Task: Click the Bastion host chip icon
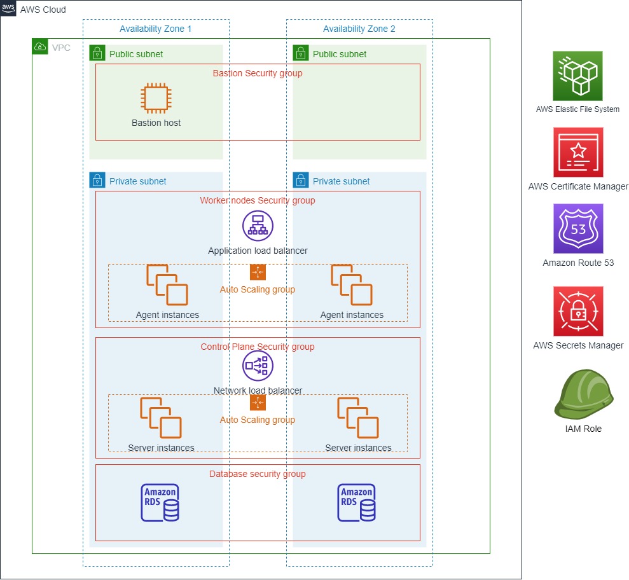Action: click(x=156, y=99)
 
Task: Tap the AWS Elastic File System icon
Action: click(x=577, y=76)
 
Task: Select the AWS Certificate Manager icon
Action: click(x=577, y=153)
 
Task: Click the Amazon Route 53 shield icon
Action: click(x=577, y=229)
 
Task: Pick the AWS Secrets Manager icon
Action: click(x=577, y=312)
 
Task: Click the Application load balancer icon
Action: click(x=258, y=226)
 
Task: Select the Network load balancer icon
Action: click(x=258, y=366)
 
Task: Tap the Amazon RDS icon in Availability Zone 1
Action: click(x=160, y=502)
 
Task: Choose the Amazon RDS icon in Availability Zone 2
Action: click(x=357, y=502)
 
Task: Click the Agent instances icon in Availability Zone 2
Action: click(x=352, y=285)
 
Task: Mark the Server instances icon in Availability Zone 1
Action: click(x=161, y=418)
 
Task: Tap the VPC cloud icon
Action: click(x=39, y=46)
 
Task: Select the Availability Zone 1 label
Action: click(x=155, y=29)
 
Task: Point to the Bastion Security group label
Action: click(x=258, y=73)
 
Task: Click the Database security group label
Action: click(x=258, y=474)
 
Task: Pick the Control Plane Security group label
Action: click(x=258, y=347)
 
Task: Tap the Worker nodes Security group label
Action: click(x=258, y=200)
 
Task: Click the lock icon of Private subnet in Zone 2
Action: click(x=301, y=181)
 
